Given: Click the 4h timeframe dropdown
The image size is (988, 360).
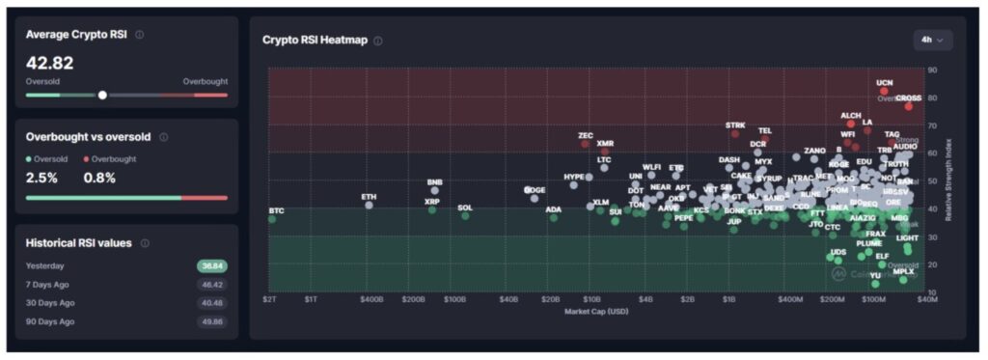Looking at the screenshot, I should pos(933,40).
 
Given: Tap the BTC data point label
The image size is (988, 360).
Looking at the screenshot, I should pos(276,210).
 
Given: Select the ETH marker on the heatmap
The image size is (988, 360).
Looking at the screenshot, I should pos(369,205).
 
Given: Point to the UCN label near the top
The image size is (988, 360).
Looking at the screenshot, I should pos(884,83).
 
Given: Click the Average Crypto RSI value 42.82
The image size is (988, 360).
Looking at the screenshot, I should pos(50,63).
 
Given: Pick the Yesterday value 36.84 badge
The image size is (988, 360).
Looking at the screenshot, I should pos(212,265).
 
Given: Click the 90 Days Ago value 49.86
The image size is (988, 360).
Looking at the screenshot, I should pos(212,320).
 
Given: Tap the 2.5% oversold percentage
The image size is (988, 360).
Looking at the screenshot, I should pos(41,178).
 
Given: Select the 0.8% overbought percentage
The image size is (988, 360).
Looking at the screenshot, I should pos(100,178).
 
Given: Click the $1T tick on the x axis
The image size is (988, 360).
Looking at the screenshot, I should pos(312,299).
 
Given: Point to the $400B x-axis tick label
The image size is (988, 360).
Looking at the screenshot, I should pos(371,299).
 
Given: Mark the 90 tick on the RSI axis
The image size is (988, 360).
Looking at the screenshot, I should pos(933,70).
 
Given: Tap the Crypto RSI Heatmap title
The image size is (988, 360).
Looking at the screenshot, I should pos(316,41).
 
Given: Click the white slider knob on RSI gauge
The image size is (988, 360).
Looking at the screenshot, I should pos(102,95).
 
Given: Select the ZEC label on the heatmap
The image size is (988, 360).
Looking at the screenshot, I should pos(586,135).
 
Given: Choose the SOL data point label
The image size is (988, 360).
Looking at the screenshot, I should pos(465,208).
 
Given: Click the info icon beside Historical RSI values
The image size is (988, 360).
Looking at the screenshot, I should pos(145,243).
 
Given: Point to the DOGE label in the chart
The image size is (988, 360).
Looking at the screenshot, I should pos(535,190).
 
